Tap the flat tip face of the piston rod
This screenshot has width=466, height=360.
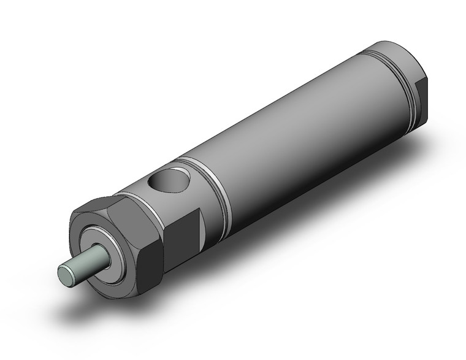pos(66,271)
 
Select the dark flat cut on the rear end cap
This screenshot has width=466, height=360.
pos(426,92)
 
